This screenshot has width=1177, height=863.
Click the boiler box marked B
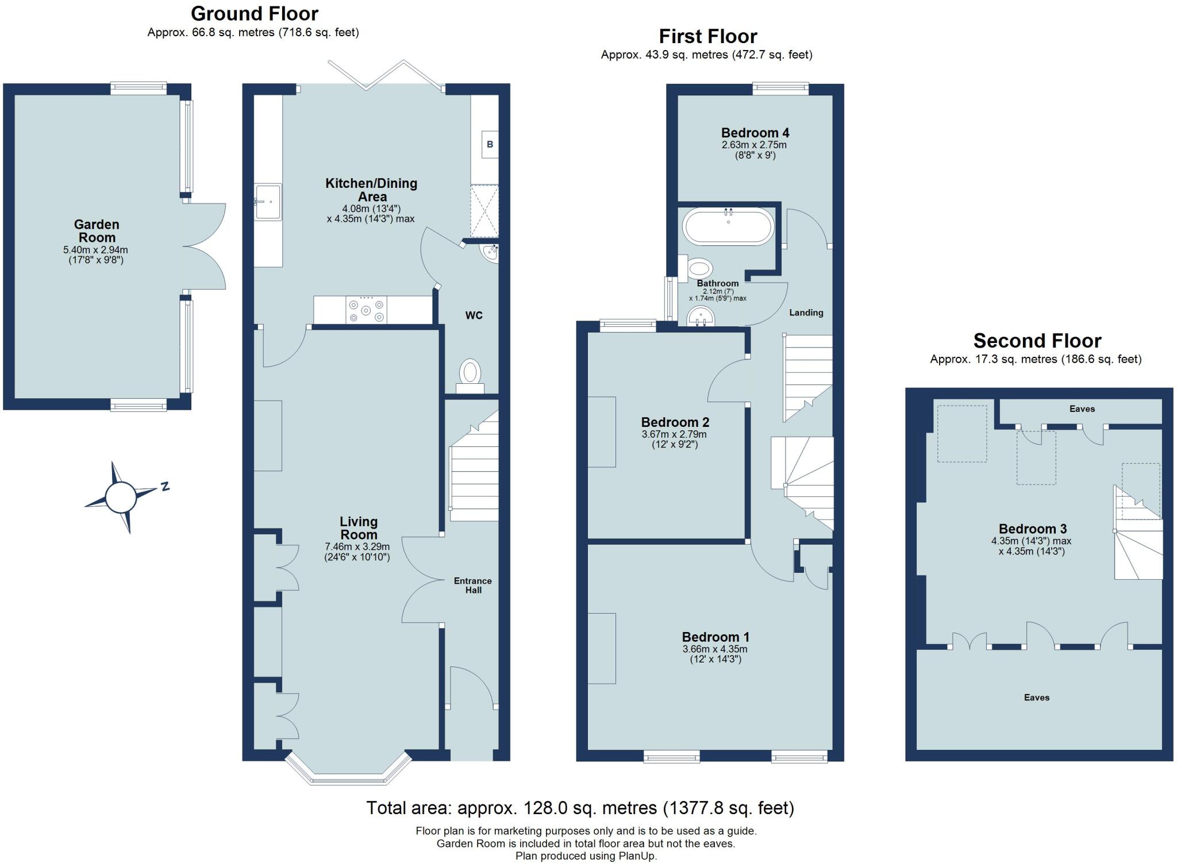click(490, 144)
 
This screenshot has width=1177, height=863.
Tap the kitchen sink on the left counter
click(268, 202)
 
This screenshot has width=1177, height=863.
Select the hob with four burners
click(366, 310)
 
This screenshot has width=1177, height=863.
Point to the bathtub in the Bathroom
click(728, 226)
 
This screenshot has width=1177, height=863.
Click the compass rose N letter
click(166, 486)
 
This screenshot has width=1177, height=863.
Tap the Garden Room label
click(96, 231)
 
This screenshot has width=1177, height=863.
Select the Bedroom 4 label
click(755, 133)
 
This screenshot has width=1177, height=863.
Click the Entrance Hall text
click(472, 585)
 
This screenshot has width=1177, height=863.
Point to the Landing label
click(806, 313)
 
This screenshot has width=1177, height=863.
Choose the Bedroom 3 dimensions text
click(1031, 546)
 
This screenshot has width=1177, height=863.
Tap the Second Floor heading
click(1037, 341)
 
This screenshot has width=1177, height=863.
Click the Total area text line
click(580, 808)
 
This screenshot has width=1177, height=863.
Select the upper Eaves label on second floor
click(1082, 409)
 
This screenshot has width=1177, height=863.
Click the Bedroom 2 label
click(675, 422)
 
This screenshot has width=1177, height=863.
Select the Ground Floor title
click(254, 13)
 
